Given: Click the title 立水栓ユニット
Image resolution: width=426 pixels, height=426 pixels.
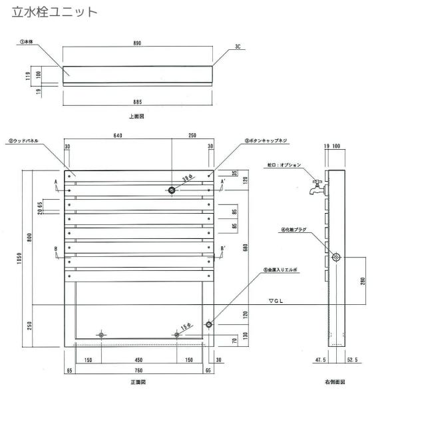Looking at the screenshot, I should click(x=55, y=12).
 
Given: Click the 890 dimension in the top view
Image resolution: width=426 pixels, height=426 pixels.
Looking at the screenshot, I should click(x=136, y=43).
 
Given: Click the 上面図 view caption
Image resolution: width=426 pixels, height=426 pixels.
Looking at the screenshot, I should click(x=136, y=116).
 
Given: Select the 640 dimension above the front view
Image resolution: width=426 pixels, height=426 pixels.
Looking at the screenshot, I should click(x=118, y=135).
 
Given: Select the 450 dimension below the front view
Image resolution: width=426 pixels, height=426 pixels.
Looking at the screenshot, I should click(x=138, y=360).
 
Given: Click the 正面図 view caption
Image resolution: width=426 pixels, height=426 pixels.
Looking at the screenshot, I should click(x=138, y=383).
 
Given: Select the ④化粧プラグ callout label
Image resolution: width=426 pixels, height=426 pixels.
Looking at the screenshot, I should click(x=293, y=230).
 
